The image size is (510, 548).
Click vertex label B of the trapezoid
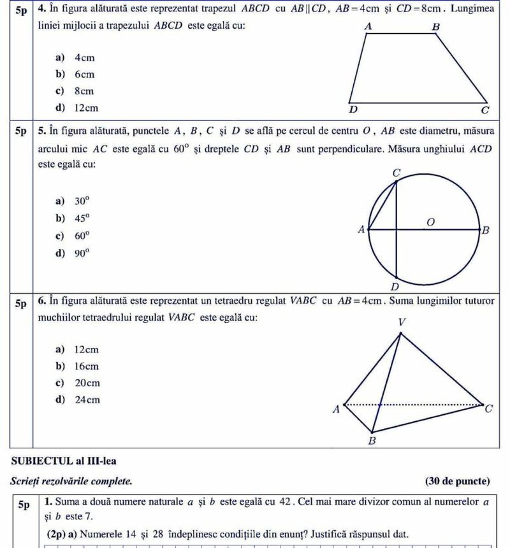(x=436, y=27)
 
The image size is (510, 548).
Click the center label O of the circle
(x=430, y=220)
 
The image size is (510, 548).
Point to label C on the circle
(x=397, y=173)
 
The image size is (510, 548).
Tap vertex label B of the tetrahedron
(x=373, y=441)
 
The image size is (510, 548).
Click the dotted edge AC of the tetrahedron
(x=433, y=404)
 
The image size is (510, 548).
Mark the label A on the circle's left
(x=362, y=229)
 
